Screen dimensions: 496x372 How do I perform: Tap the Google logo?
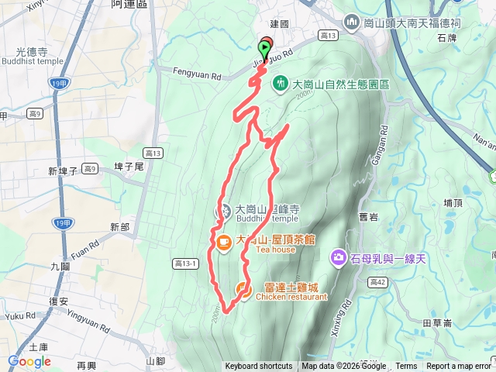(x=29, y=361)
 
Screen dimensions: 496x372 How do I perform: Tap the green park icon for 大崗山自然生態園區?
(x=280, y=82)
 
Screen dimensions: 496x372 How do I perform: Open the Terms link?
(x=406, y=367)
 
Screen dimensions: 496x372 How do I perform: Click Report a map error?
(x=459, y=367)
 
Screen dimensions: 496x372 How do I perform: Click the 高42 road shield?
(x=379, y=281)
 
